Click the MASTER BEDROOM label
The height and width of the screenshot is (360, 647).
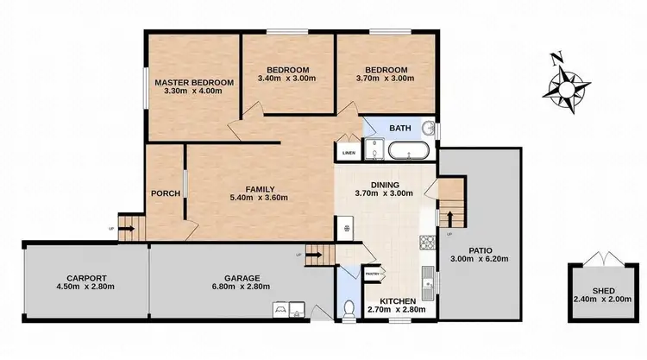point(193,83)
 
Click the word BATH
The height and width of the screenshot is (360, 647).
point(400,128)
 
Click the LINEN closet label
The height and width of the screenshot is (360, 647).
point(349,153)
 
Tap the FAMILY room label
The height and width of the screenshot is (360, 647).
point(260,189)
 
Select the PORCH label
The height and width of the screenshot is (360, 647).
point(165,193)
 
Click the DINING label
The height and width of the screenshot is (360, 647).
point(385,184)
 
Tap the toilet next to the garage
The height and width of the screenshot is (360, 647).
point(348,307)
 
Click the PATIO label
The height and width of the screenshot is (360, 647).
point(479,249)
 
